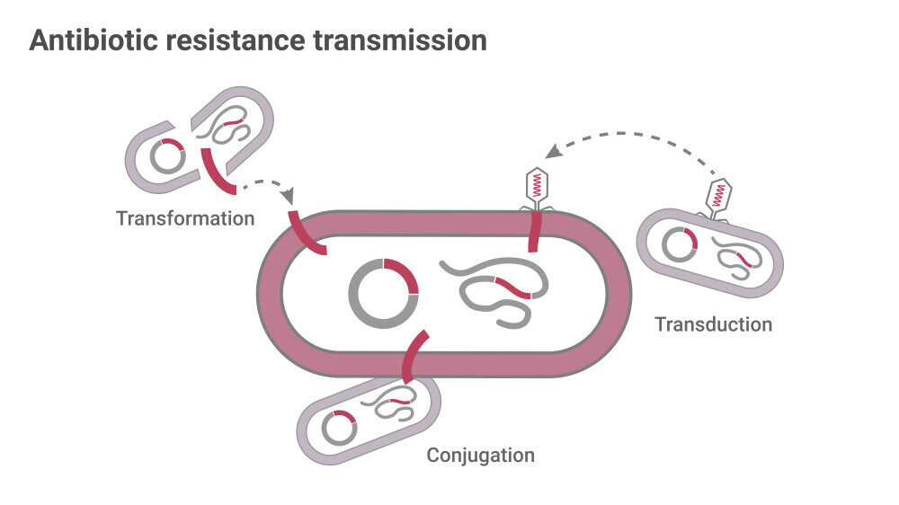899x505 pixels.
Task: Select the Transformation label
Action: click(x=185, y=218)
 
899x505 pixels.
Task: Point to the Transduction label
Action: click(x=713, y=324)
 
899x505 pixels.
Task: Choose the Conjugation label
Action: click(x=480, y=455)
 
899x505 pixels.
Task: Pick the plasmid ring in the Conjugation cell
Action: click(x=339, y=428)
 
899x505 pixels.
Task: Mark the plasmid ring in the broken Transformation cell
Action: click(x=167, y=157)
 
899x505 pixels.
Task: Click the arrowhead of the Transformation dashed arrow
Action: click(x=289, y=195)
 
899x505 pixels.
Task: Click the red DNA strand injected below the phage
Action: click(x=535, y=231)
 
